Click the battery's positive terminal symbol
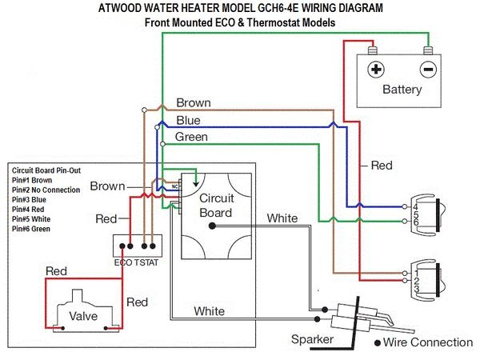376,69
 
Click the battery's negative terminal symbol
428,69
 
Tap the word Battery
402,89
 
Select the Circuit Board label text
215,206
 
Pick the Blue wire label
188,121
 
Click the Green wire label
192,137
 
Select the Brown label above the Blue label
194,103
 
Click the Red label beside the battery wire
382,166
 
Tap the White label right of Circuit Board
282,218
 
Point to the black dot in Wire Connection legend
378,343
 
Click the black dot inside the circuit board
213,226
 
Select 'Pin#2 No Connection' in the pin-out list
46,190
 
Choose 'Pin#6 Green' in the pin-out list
31,230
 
